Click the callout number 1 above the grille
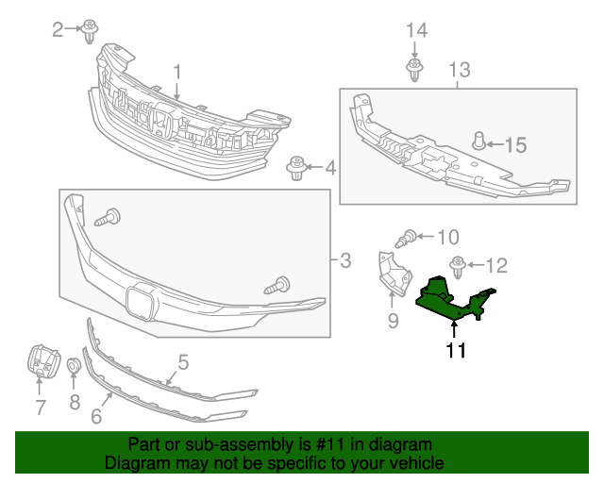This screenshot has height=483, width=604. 176,71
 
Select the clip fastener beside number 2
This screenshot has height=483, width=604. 92,30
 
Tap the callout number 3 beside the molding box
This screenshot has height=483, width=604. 345,259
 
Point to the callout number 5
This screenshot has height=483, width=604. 183,361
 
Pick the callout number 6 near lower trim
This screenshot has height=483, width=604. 96,414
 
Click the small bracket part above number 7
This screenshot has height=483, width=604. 40,359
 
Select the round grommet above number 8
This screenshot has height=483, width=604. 74,365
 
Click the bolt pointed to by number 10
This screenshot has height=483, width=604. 411,238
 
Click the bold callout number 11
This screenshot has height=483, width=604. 457,352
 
